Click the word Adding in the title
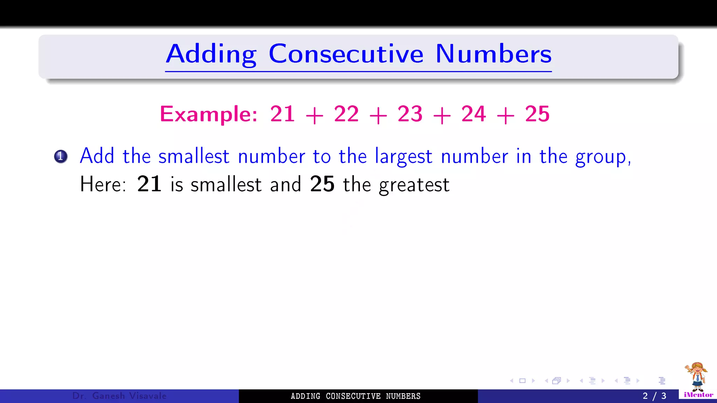tap(211, 54)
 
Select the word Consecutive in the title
tap(346, 54)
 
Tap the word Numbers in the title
tap(493, 54)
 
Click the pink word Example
tap(209, 114)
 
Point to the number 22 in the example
tap(346, 114)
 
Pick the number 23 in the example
tap(410, 114)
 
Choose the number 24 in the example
tap(474, 114)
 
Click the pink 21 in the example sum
tap(283, 114)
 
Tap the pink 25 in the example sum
tap(537, 114)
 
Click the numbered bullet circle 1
tap(61, 156)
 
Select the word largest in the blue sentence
tap(403, 157)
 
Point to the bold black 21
tap(149, 184)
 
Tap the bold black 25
tap(322, 184)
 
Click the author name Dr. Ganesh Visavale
tap(119, 396)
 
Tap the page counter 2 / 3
tap(654, 396)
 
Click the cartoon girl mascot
tap(697, 377)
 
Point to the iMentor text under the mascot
tap(698, 395)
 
